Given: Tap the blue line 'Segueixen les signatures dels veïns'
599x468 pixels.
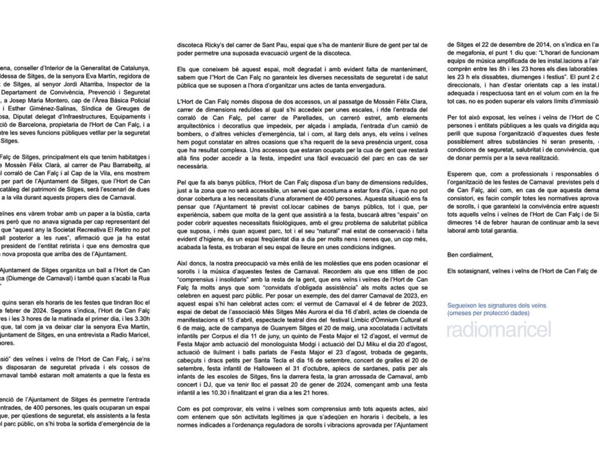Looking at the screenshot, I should pyautogui.click(x=496, y=306).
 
